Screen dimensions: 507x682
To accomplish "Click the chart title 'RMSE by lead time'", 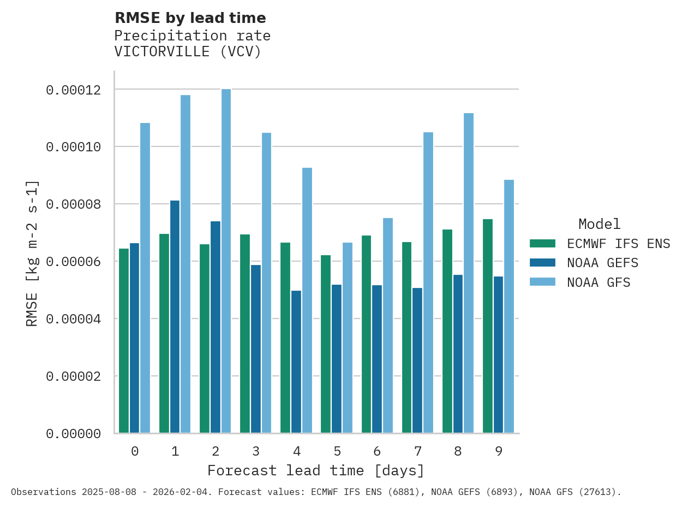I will (x=190, y=18).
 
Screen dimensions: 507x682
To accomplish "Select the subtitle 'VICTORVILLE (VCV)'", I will (x=188, y=52).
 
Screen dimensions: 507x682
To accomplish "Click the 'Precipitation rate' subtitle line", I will (x=192, y=36).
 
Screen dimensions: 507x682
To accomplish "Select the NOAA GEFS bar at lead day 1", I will (x=175, y=317).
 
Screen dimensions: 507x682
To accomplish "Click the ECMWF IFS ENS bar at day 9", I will (x=488, y=326).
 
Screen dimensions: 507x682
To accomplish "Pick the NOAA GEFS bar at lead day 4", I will (x=296, y=362).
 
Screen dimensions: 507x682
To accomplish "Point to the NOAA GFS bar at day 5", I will (x=348, y=338).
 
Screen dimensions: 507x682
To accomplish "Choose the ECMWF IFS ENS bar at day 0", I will (x=124, y=341).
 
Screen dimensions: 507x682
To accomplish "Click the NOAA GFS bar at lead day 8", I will (x=469, y=273).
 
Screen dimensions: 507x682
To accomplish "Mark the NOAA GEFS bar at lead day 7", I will (x=417, y=361).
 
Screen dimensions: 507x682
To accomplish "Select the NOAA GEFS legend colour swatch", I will (x=542, y=263).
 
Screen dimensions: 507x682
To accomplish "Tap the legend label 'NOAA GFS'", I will (x=599, y=282).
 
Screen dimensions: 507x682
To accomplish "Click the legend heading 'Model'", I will (x=599, y=224).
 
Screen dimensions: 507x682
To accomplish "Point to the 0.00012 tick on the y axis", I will (x=73, y=90).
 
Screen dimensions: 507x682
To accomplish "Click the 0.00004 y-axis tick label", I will (x=73, y=319).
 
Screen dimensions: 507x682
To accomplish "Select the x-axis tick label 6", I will (x=377, y=451).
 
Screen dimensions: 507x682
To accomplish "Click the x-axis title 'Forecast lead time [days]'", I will (x=315, y=470).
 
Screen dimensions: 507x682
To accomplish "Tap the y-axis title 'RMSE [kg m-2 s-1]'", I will (x=32, y=253).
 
